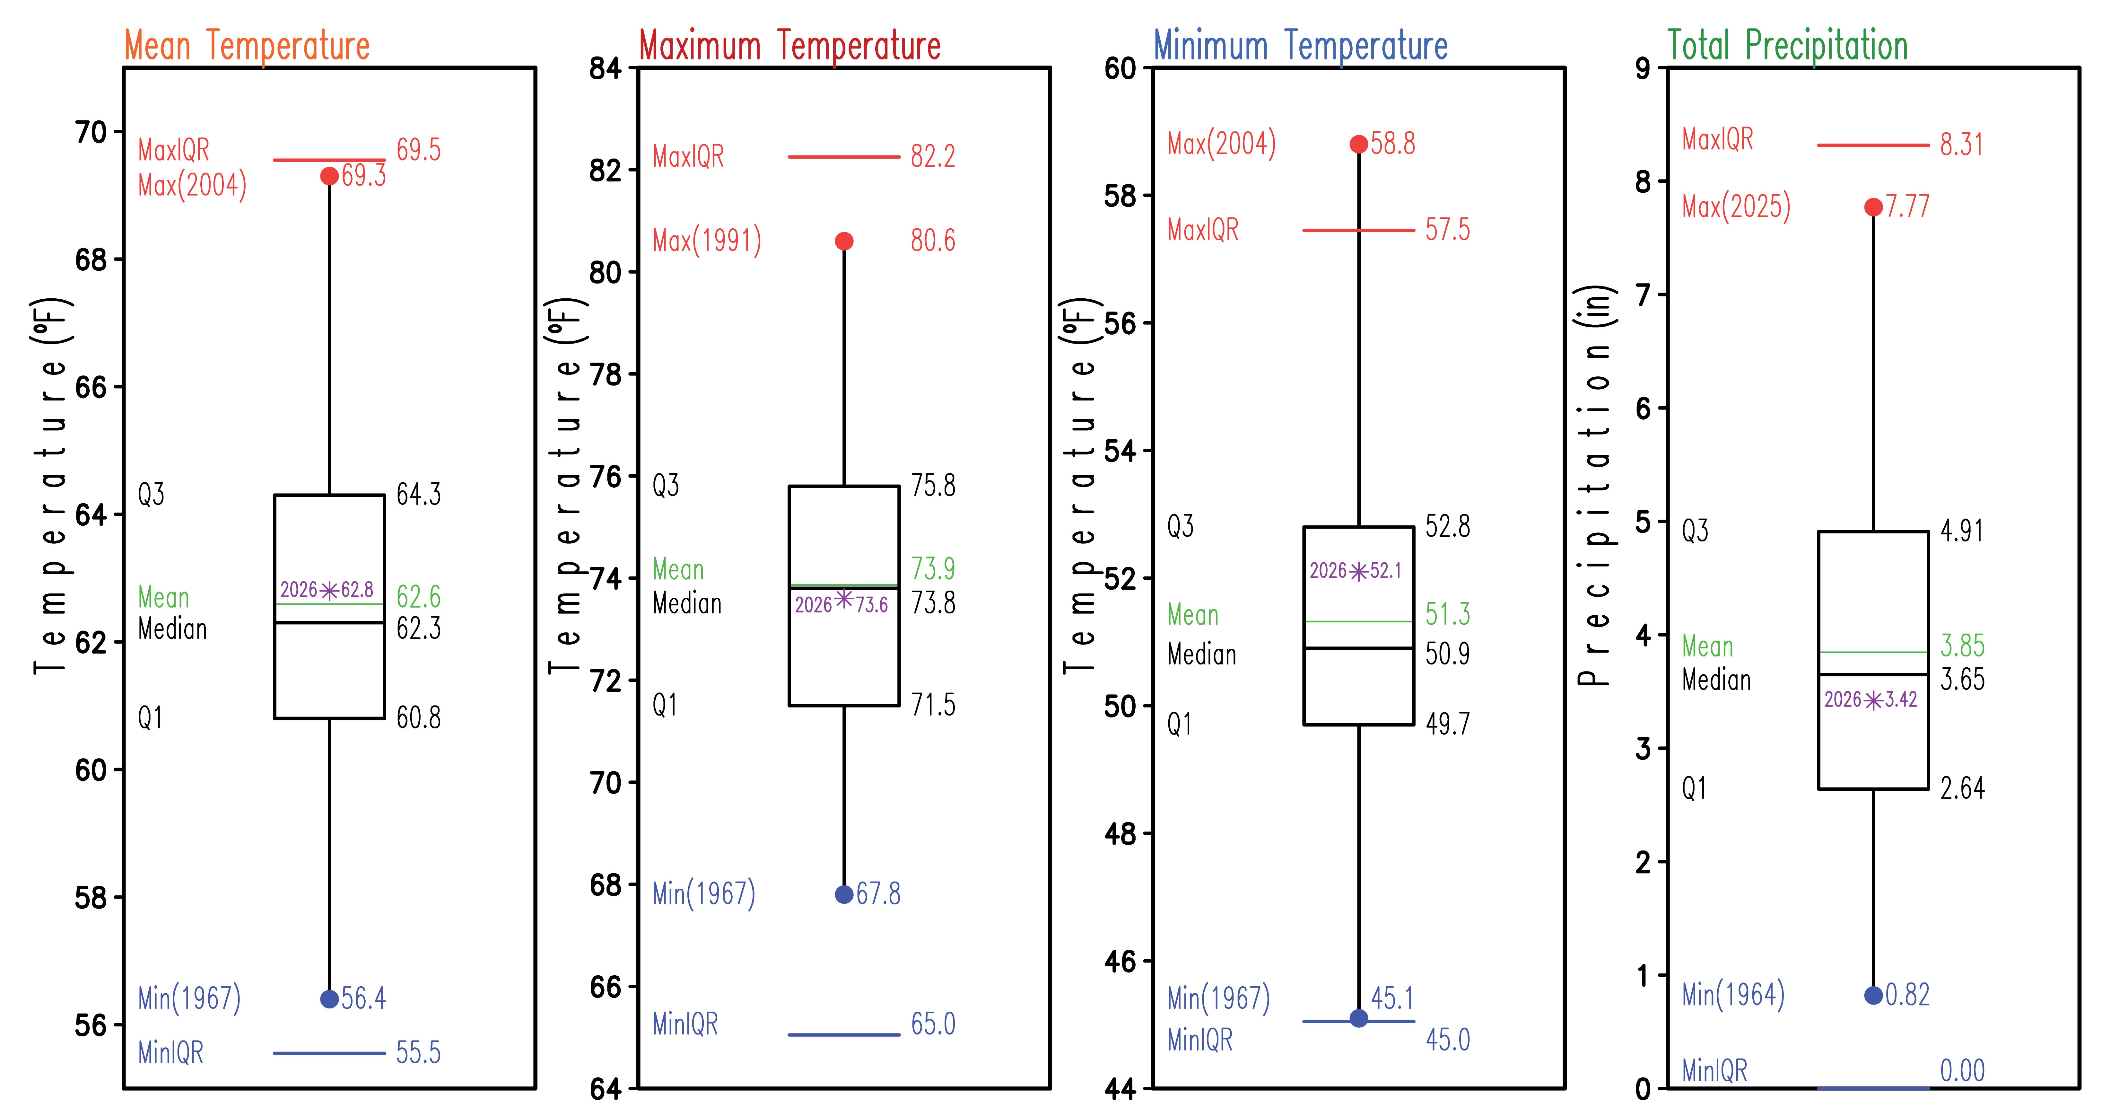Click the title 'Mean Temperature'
[x=247, y=45]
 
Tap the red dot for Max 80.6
[x=844, y=241]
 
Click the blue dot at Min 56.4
[x=329, y=998]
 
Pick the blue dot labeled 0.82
[x=1873, y=995]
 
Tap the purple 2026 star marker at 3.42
[x=1873, y=700]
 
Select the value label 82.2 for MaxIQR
[x=933, y=156]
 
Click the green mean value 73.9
[x=933, y=568]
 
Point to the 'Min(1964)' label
[x=1733, y=995]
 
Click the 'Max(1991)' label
[x=707, y=241]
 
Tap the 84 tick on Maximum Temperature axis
[x=606, y=68]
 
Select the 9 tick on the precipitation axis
[x=1643, y=68]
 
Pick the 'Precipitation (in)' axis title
[x=1596, y=485]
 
